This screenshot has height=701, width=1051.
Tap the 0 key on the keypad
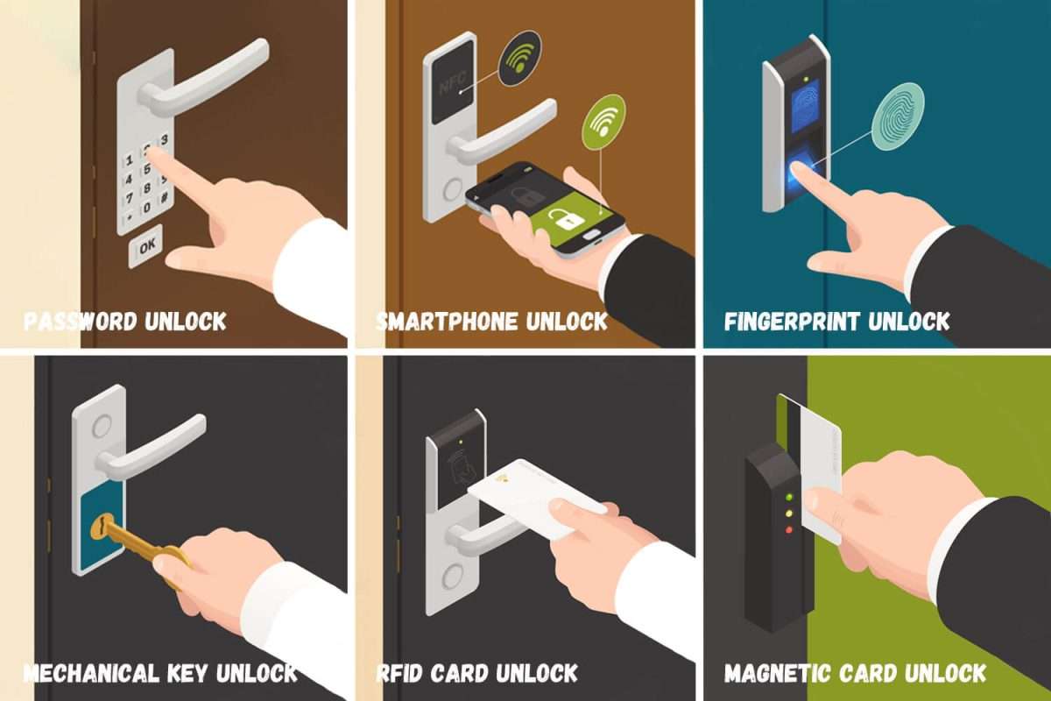coord(147,207)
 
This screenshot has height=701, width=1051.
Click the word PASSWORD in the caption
coord(81,322)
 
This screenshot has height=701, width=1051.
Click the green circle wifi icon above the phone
coord(603,123)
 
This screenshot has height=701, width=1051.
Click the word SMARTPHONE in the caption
coord(447,322)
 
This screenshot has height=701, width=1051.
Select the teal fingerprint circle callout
coord(898,117)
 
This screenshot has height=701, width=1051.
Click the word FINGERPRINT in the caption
coord(792,322)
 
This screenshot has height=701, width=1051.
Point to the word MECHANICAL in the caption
coord(92,673)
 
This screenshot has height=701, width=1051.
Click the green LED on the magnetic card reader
coord(789,496)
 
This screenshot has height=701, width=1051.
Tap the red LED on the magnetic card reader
coord(789,530)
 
